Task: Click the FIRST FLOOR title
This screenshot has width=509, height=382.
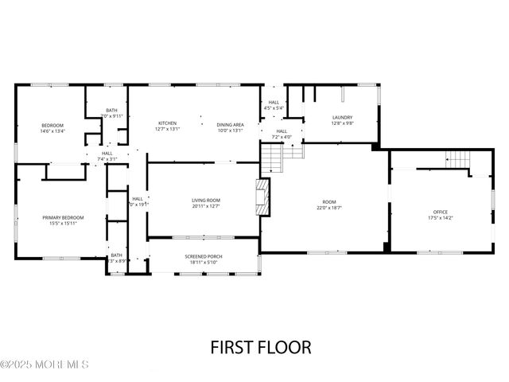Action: pyautogui.click(x=260, y=347)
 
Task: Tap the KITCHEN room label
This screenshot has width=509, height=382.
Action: pyautogui.click(x=167, y=123)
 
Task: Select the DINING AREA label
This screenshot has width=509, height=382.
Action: pyautogui.click(x=230, y=123)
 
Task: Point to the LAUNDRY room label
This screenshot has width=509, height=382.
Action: pyautogui.click(x=342, y=117)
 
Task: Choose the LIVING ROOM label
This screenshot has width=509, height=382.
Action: pyautogui.click(x=205, y=200)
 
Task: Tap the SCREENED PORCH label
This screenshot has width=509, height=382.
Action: pyautogui.click(x=204, y=255)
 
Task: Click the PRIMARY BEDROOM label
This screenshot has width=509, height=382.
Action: pyautogui.click(x=63, y=217)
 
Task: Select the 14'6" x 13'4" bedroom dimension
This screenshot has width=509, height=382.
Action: pyautogui.click(x=52, y=131)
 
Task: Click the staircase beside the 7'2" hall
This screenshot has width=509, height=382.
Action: pyautogui.click(x=272, y=162)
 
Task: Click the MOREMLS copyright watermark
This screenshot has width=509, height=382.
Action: pyautogui.click(x=45, y=365)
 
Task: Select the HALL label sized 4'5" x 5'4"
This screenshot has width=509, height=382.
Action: pyautogui.click(x=274, y=103)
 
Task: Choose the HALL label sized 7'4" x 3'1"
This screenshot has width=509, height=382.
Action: pyautogui.click(x=107, y=153)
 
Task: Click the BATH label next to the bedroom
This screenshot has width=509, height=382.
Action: pyautogui.click(x=112, y=111)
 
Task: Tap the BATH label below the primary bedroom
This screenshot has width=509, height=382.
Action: pyautogui.click(x=117, y=255)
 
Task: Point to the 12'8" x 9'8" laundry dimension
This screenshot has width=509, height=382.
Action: pyautogui.click(x=342, y=123)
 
